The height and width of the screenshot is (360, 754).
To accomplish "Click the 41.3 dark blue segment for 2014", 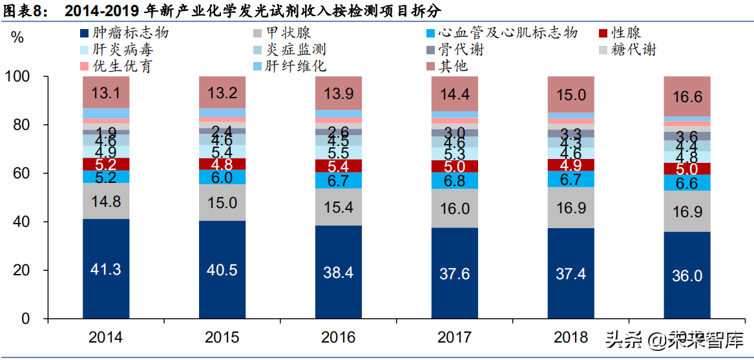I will coord(106,269).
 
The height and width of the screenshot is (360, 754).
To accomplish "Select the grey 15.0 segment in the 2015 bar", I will coord(222,203).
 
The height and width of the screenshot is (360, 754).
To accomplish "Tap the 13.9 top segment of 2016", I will coord(339,93).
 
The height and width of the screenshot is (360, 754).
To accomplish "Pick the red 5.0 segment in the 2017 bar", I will coord(455,167).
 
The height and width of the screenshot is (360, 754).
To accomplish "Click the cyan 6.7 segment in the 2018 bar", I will coord(571,180).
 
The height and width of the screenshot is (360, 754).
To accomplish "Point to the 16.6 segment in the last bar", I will coord(687,96).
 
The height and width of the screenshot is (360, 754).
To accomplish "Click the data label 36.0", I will coord(687,276).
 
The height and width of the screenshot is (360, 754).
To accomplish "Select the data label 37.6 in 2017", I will coord(455,274).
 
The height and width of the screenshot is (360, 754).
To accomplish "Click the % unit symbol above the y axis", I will coord(17,37).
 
